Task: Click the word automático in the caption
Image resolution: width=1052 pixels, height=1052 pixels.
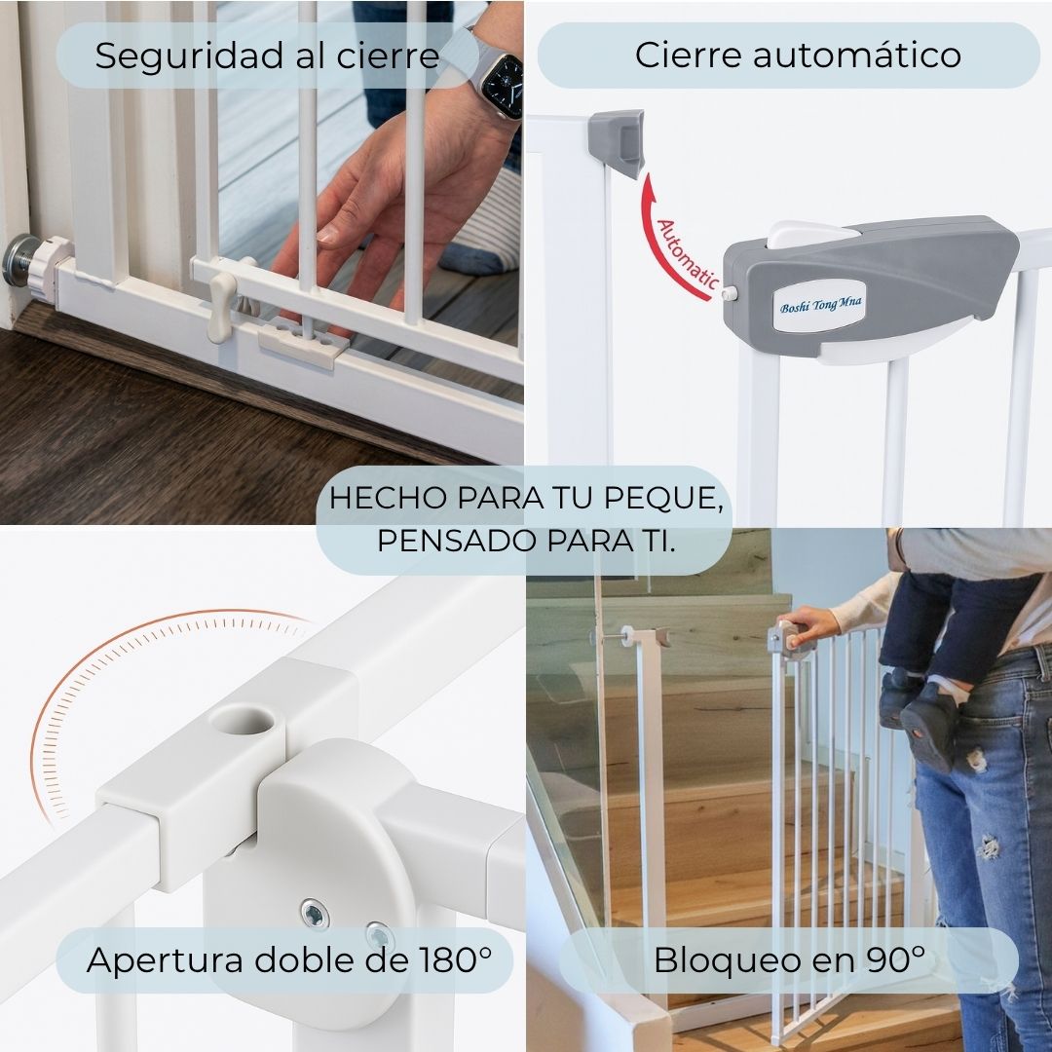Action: click(x=857, y=55)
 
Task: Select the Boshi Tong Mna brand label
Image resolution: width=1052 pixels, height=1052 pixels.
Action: click(x=820, y=307)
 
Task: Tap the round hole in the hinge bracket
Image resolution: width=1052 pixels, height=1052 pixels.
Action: click(x=243, y=722)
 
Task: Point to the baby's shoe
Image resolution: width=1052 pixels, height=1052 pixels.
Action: click(x=929, y=728)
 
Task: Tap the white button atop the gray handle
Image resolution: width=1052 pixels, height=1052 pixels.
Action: click(x=812, y=236)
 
